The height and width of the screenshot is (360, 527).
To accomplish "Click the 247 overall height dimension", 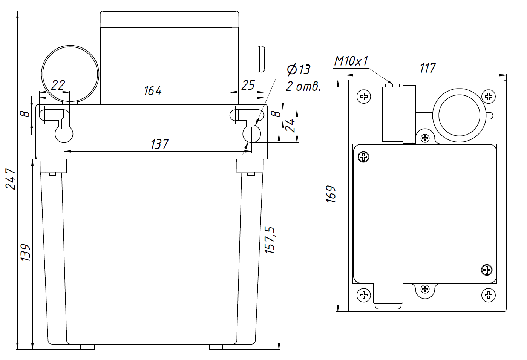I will pyautogui.click(x=12, y=179).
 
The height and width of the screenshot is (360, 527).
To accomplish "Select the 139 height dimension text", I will pyautogui.click(x=26, y=253).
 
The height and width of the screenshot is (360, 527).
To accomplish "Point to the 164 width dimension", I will pyautogui.click(x=153, y=91).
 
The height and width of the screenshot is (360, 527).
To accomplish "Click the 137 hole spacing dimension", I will pyautogui.click(x=159, y=144).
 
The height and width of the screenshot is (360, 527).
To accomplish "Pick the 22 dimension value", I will pyautogui.click(x=58, y=85).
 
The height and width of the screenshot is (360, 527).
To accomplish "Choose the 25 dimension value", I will pyautogui.click(x=248, y=85).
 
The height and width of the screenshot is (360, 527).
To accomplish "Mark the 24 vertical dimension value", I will pyautogui.click(x=291, y=126).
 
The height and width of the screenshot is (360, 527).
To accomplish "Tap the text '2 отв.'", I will pyautogui.click(x=303, y=87).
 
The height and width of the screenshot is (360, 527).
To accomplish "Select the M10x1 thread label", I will pyautogui.click(x=351, y=61).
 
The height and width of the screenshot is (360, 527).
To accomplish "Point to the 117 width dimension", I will pyautogui.click(x=427, y=68).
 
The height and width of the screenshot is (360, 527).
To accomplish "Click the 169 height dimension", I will pyautogui.click(x=331, y=195).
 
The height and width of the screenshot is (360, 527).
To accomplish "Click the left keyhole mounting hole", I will pyautogui.click(x=64, y=134).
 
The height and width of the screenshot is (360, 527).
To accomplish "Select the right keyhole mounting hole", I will pyautogui.click(x=251, y=134).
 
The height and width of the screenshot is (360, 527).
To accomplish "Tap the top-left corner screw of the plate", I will pyautogui.click(x=364, y=97).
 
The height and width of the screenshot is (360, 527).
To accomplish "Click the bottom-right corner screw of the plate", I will pyautogui.click(x=488, y=295).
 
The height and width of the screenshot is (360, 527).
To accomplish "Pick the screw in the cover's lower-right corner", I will pyautogui.click(x=487, y=270).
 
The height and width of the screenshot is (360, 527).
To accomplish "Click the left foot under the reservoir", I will pyautogui.click(x=87, y=347).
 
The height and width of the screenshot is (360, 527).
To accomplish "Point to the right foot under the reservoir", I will pyautogui.click(x=216, y=347).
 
